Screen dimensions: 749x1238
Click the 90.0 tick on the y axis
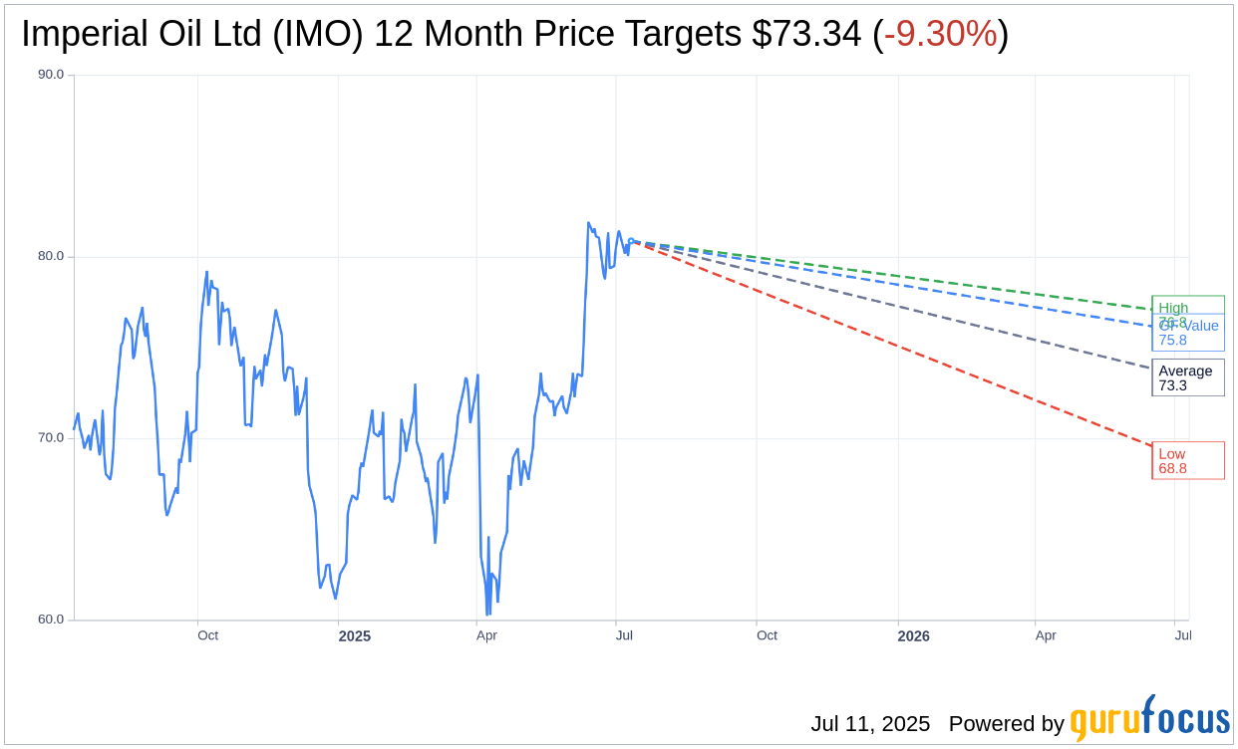pos(52,75)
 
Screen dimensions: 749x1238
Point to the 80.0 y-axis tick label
pos(52,256)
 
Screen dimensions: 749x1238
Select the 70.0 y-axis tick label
pos(52,437)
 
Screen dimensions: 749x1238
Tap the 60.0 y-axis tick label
pos(52,620)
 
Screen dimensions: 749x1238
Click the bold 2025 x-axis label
pos(354,635)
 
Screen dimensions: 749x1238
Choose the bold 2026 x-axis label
pos(913,635)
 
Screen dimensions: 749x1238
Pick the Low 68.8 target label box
pos(1187,460)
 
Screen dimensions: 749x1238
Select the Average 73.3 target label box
pos(1187,377)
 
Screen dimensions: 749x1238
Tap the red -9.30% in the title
pos(940,35)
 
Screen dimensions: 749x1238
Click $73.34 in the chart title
pos(806,35)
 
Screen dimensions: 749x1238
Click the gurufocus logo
pos(1149,719)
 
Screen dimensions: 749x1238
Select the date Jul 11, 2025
pos(870,724)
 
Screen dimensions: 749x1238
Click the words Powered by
pos(1006,724)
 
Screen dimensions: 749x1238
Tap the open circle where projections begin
pos(631,241)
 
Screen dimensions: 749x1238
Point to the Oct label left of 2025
pos(207,635)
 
